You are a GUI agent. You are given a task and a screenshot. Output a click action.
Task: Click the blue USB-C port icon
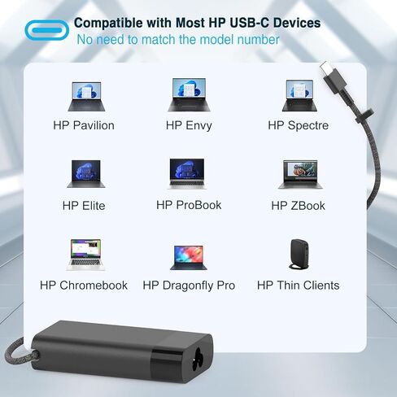pos(46,30)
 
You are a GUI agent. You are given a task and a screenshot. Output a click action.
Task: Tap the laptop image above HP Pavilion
pos(86,97)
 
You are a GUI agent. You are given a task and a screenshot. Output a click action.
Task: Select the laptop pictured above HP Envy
pos(189,95)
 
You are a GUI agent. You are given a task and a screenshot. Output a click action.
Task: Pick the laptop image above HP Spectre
pos(299,96)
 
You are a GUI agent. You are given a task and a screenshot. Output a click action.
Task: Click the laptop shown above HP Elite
pos(86,174)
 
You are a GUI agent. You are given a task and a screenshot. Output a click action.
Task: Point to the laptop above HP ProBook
pos(187,174)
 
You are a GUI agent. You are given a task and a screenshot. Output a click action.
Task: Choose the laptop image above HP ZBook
pos(300,174)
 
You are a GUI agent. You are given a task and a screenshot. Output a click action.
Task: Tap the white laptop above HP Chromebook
pos(85,255)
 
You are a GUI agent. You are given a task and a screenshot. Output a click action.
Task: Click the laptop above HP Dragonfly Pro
pos(189,258)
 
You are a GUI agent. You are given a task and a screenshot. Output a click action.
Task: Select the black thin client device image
pos(299,255)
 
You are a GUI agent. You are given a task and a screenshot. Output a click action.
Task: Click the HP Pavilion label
pos(84,125)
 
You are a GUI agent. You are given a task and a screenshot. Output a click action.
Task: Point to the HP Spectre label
pos(298,125)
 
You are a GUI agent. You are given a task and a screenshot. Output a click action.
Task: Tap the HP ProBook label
pos(189,205)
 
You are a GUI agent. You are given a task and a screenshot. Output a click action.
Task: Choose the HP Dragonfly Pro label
pos(189,286)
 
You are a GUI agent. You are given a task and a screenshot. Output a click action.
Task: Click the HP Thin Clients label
pos(299,286)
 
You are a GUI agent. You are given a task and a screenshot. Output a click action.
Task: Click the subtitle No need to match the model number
pos(178,40)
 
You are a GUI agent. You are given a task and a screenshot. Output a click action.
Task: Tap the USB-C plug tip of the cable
pos(325,66)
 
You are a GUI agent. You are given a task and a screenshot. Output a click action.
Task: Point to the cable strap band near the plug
pos(364,116)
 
